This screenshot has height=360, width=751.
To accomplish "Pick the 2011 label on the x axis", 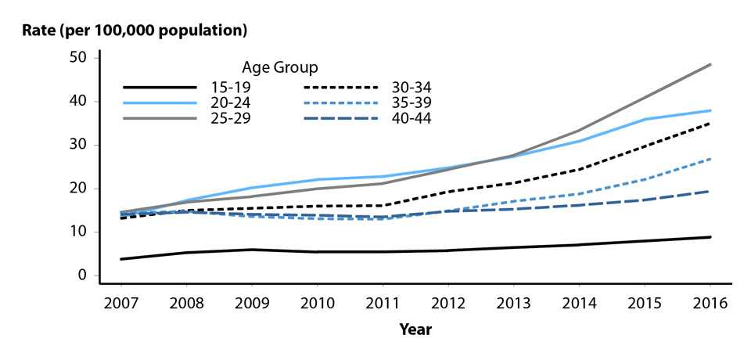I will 378,302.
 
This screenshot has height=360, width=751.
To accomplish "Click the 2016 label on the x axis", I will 710,302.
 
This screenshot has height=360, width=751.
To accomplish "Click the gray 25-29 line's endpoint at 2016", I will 710,64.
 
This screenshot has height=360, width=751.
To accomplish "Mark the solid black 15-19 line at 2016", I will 710,237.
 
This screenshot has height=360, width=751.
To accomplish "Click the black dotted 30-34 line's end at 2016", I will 710,124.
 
